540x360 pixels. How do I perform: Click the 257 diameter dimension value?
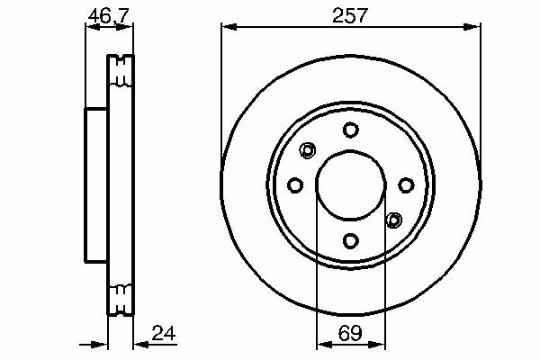pyautogui.click(x=350, y=15)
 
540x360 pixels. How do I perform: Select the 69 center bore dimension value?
pyautogui.click(x=350, y=333)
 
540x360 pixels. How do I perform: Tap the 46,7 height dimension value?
pyautogui.click(x=109, y=16)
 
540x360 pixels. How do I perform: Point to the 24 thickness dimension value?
pyautogui.click(x=164, y=333)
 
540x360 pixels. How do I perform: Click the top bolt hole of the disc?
pyautogui.click(x=351, y=130)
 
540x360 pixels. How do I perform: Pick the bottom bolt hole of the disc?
pyautogui.click(x=351, y=240)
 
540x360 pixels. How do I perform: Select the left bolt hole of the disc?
pyautogui.click(x=295, y=185)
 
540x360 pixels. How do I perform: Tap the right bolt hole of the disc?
pyautogui.click(x=406, y=185)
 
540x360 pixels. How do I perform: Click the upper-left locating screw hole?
pyautogui.click(x=307, y=150)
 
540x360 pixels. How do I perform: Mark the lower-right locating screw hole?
pyautogui.click(x=394, y=220)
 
